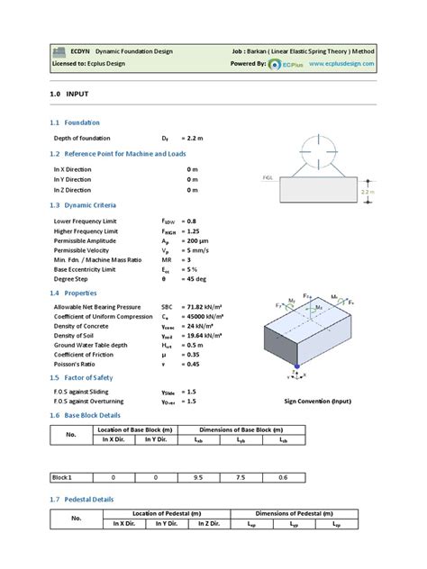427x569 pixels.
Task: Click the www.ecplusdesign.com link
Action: click(x=363, y=66)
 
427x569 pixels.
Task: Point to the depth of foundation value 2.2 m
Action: click(x=196, y=140)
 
